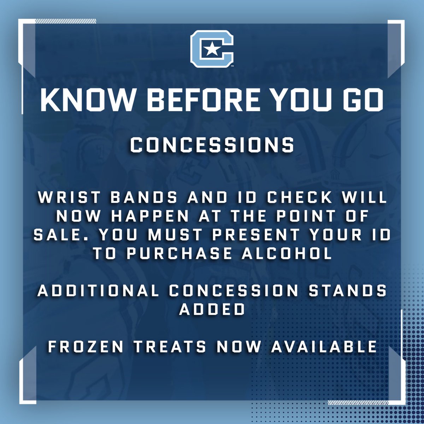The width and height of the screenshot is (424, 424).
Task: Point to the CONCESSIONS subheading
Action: coord(212,145)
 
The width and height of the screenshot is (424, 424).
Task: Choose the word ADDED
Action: coord(212,310)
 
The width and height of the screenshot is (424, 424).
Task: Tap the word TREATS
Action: coord(170,347)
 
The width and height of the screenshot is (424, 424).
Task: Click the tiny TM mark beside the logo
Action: coord(232,66)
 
